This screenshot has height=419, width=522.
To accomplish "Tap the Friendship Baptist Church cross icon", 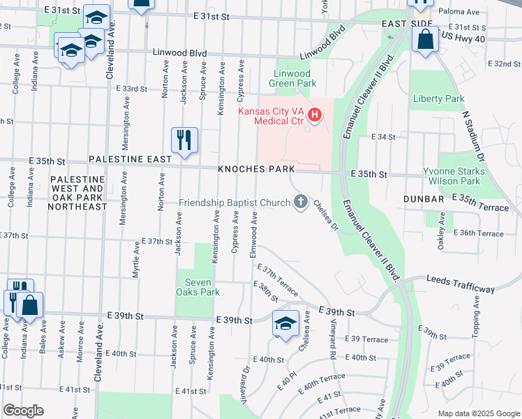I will point(301,203).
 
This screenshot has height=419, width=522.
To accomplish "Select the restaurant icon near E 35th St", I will point(185,140).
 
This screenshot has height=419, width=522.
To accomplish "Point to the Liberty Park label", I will point(438,98).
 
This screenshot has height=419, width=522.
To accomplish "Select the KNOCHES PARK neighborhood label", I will point(255,170).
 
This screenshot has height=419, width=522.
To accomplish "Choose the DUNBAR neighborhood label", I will point(424,199).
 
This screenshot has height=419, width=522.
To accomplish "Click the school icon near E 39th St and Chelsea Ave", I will point(285,324).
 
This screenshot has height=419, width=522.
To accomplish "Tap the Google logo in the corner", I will point(23,411).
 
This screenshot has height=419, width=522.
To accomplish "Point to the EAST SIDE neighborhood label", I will point(408,24).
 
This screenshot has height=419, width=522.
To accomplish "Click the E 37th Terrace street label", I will point(278,279).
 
